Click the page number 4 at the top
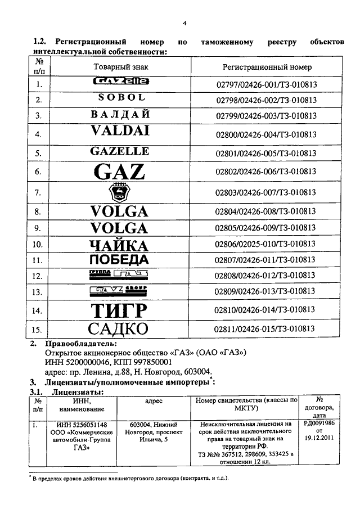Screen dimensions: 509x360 184,23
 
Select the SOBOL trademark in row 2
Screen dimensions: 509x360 121,98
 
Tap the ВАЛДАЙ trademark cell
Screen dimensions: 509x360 120,115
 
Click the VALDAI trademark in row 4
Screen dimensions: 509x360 120,132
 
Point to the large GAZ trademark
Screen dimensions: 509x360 120,171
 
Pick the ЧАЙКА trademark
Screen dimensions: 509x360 120,245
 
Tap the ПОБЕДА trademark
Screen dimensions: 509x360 120,260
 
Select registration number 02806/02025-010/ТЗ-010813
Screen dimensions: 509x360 266,245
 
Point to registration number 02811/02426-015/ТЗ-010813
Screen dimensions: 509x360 266,328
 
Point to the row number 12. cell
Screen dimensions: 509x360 39,276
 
